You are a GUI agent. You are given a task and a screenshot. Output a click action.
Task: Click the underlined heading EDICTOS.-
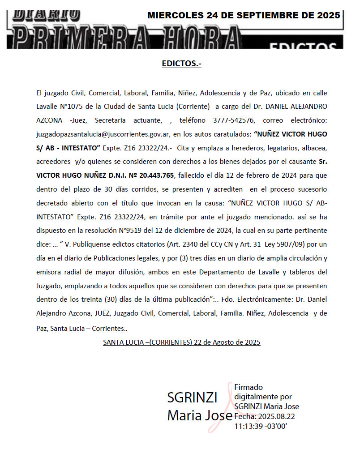click(x=181, y=64)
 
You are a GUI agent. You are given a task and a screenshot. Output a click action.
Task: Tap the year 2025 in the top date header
click(x=327, y=15)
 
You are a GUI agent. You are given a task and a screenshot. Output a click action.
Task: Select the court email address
click(x=103, y=133)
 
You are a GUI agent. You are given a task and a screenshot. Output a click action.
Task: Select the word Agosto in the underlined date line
click(x=215, y=342)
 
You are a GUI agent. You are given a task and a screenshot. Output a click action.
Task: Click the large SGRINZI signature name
click(x=192, y=398)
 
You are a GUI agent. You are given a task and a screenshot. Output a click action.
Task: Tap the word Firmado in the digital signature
click(x=249, y=387)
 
